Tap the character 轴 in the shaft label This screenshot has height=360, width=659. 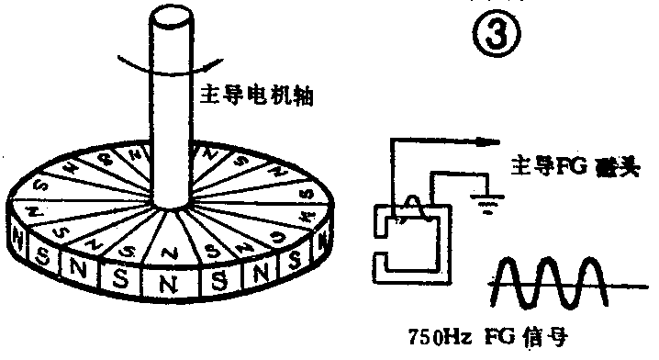pyautogui.click(x=302, y=95)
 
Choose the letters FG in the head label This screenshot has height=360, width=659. pyautogui.click(x=558, y=166)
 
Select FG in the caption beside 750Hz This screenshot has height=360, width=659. pyautogui.click(x=501, y=336)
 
